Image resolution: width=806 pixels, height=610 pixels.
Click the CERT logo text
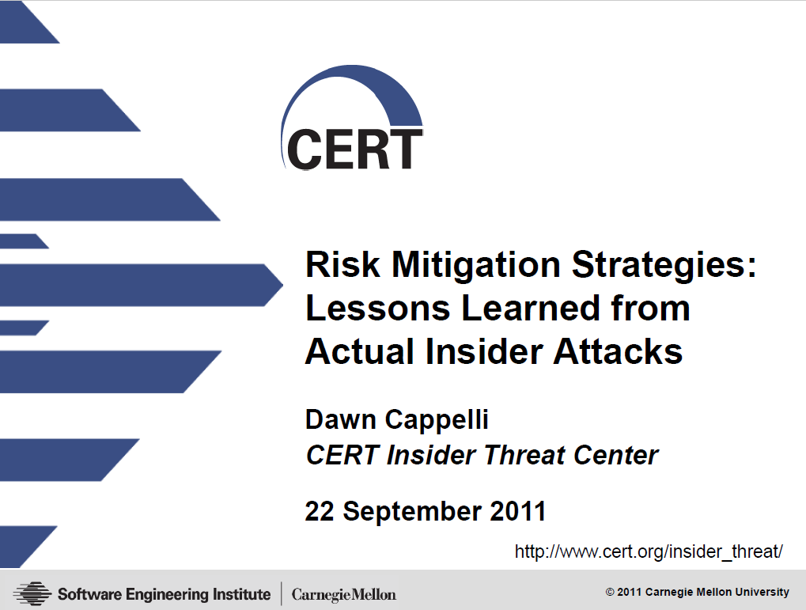tap(354, 149)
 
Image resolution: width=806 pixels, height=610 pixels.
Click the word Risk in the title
tap(342, 264)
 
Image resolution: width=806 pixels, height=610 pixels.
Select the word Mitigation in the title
tap(476, 265)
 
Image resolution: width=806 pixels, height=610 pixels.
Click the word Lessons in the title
tap(378, 308)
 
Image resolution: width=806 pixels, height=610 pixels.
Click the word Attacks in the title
tap(618, 351)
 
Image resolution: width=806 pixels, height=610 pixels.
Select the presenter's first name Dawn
tap(341, 419)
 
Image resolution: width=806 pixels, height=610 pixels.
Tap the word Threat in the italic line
tap(524, 455)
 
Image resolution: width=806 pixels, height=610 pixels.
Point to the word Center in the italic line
tap(615, 455)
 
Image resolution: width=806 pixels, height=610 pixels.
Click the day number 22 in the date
tap(320, 511)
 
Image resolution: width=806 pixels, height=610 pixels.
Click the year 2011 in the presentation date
tap(517, 511)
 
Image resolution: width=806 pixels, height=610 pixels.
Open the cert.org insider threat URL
tap(649, 551)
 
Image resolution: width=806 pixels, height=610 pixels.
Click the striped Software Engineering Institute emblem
tap(32, 593)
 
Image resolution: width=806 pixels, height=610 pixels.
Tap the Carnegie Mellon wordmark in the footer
tap(344, 594)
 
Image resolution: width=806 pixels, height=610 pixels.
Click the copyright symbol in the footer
tap(610, 592)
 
